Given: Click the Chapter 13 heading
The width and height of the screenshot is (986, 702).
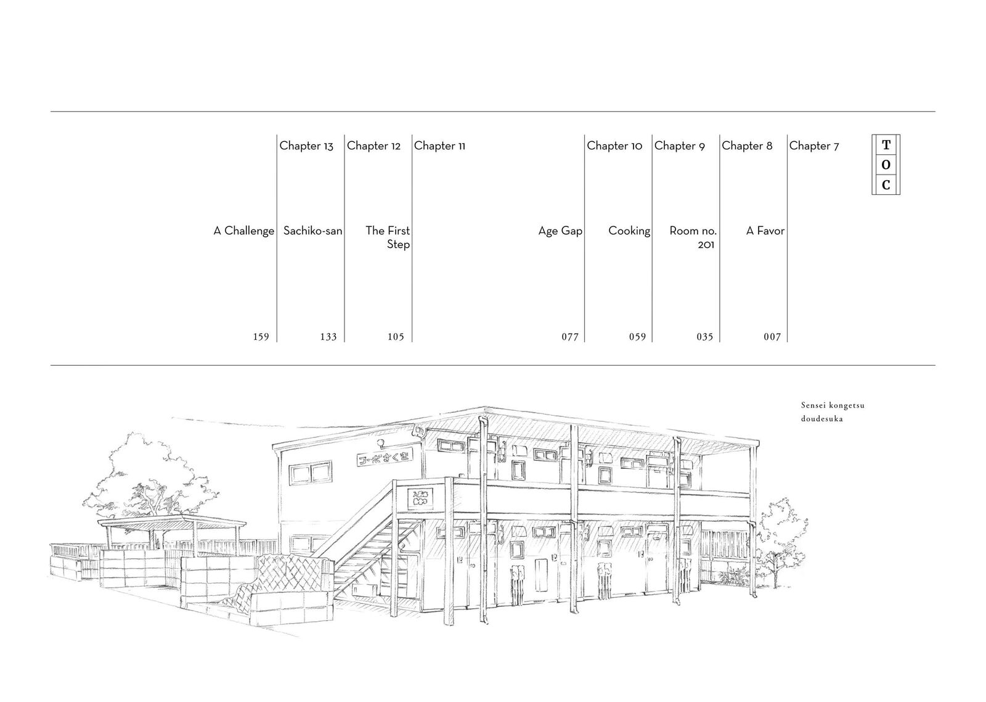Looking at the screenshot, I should point(306,146).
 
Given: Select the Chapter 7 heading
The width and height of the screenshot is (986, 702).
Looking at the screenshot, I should point(813,146).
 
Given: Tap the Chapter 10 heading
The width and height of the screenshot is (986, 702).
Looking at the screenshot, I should point(614,146).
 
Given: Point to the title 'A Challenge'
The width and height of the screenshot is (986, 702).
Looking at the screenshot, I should point(243,231).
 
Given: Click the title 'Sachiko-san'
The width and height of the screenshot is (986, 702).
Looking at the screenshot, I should point(312,231).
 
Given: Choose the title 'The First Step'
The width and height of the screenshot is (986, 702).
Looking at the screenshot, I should point(388,237).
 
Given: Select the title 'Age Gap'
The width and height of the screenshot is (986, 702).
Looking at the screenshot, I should point(560,231).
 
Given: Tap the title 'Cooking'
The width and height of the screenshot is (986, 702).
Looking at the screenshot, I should point(629,231).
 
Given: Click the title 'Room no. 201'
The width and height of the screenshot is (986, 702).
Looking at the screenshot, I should point(693,237).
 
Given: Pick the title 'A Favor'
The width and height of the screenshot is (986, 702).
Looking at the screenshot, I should point(765,231).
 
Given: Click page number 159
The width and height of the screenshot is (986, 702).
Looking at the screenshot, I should point(261,337).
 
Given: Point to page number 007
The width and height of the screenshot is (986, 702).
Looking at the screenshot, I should point(772,337).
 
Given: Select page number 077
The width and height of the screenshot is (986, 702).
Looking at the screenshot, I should point(569,337).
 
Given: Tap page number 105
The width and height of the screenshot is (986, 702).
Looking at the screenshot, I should point(396,337).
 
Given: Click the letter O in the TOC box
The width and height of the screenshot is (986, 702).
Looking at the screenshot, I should point(886,165).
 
